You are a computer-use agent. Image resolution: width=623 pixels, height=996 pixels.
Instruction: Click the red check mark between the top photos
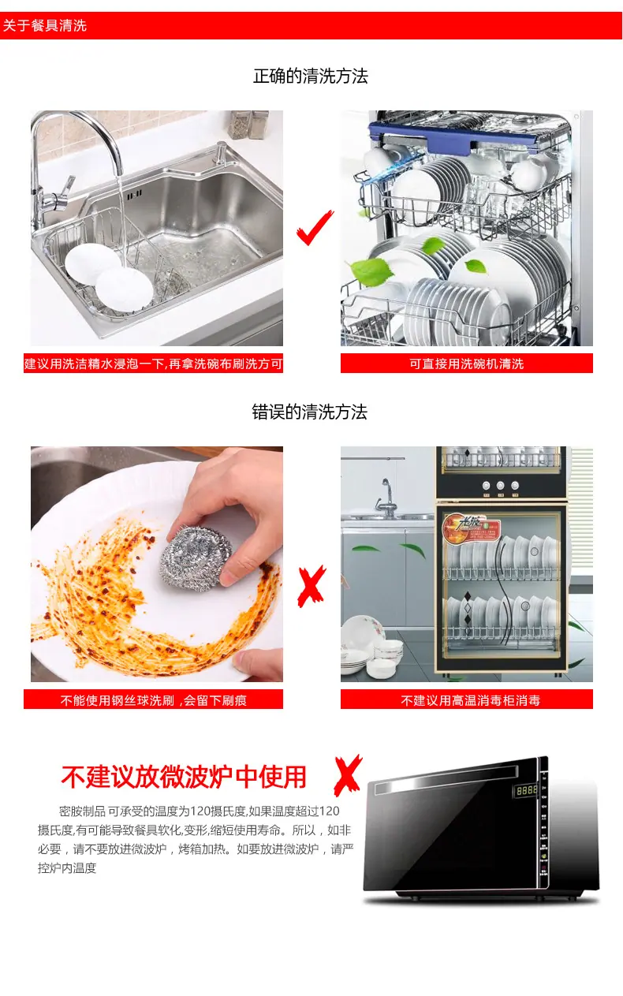(x=314, y=229)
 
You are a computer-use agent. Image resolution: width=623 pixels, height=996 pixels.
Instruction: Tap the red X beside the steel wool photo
(x=311, y=586)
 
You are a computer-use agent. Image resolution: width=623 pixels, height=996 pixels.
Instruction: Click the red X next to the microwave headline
(x=348, y=776)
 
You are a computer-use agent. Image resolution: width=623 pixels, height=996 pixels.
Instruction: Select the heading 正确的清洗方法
(x=311, y=76)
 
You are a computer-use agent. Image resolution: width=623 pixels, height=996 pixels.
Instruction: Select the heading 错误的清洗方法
(x=309, y=412)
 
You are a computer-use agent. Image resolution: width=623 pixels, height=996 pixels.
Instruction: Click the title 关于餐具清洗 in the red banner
(x=45, y=25)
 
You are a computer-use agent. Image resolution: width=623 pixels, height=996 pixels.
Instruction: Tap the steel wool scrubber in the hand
(x=196, y=558)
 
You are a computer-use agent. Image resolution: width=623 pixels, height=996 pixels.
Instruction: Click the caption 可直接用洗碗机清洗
(x=467, y=364)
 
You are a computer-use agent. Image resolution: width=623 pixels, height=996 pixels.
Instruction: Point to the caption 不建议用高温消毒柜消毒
(x=471, y=700)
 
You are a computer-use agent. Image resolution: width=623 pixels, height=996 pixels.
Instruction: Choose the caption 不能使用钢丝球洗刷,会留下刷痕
(x=153, y=700)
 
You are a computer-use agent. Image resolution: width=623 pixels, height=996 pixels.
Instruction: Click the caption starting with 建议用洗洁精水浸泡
(x=154, y=364)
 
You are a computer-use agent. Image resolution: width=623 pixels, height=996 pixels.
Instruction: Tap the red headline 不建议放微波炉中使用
(x=184, y=777)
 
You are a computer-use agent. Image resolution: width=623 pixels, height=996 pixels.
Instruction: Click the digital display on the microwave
(x=527, y=790)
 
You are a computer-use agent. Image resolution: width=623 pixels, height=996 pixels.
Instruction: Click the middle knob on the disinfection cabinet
(x=501, y=485)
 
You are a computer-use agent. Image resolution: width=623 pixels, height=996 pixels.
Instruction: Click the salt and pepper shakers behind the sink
(x=248, y=125)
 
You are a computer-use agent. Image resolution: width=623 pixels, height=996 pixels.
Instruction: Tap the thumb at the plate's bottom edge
(x=258, y=664)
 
